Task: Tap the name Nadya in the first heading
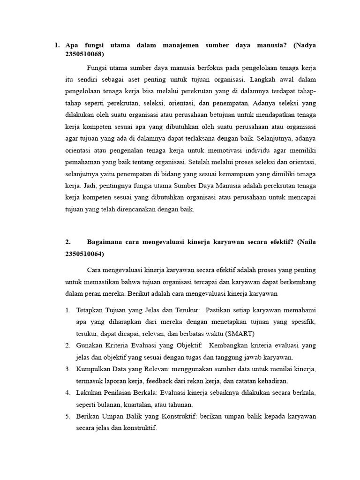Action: [305, 45]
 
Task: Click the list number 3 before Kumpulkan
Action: [67, 369]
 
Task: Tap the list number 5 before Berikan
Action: [67, 416]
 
